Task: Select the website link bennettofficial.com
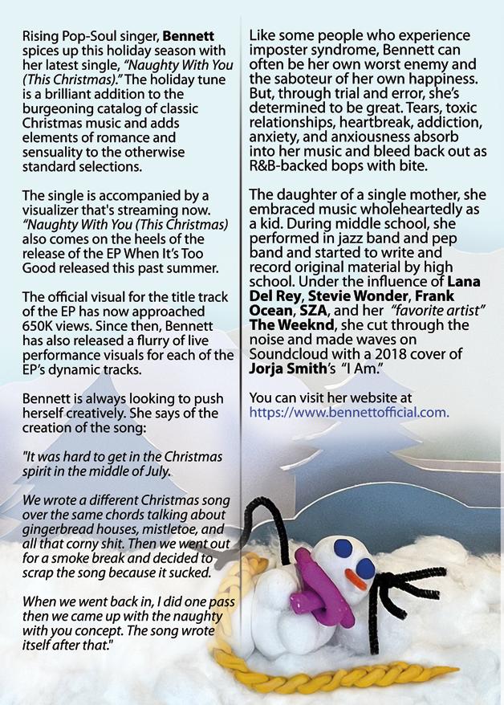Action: tap(349, 413)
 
